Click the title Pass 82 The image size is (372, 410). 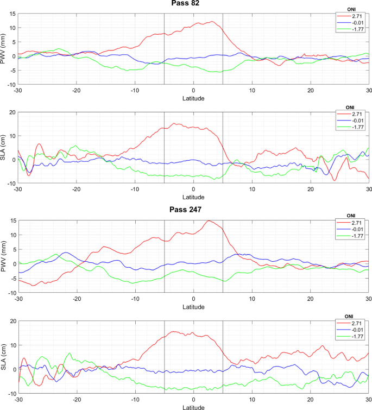click(193, 4)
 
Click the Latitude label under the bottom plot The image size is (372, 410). click(193, 406)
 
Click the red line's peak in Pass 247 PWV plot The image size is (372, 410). click(208, 220)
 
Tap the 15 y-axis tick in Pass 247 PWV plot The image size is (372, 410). click(13, 220)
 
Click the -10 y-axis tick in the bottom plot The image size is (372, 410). click(12, 393)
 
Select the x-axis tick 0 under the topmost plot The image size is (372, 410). click(193, 91)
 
